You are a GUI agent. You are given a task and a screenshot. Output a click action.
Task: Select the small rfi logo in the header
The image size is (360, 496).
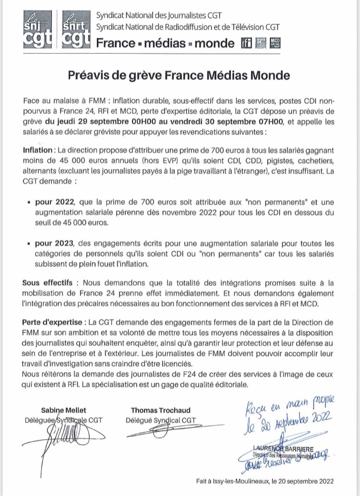[245, 44]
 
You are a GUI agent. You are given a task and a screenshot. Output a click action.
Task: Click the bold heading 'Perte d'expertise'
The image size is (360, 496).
[50, 320]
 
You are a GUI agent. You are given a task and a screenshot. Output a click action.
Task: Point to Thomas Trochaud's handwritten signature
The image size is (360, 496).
[163, 430]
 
